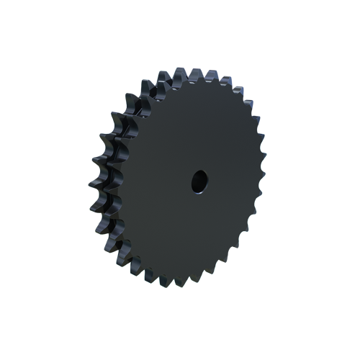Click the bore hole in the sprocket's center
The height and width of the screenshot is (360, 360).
tap(198, 181)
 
